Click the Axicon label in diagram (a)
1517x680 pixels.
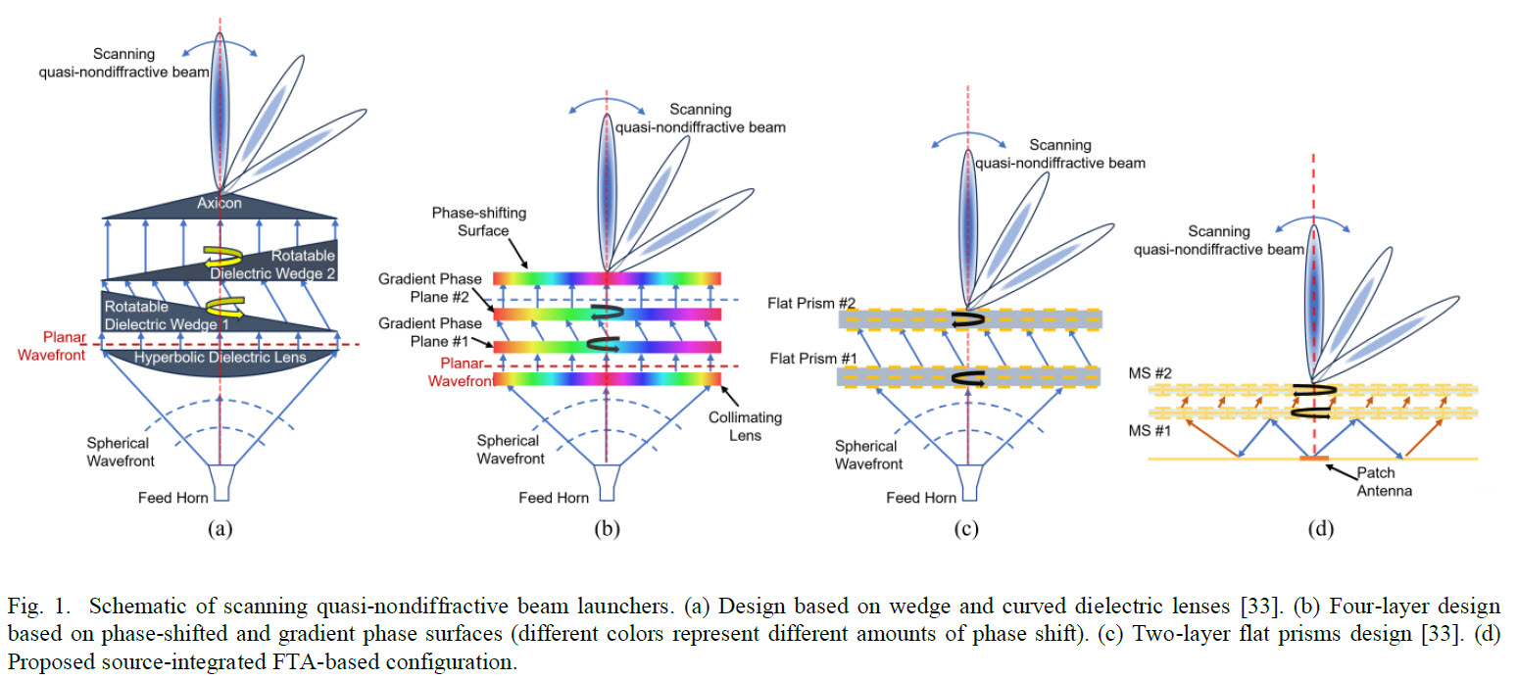click(x=220, y=204)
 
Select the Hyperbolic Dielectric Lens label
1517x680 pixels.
click(x=221, y=358)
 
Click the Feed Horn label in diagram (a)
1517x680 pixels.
click(x=174, y=498)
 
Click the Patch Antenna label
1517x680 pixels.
click(x=1385, y=483)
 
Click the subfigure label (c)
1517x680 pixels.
click(x=967, y=529)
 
